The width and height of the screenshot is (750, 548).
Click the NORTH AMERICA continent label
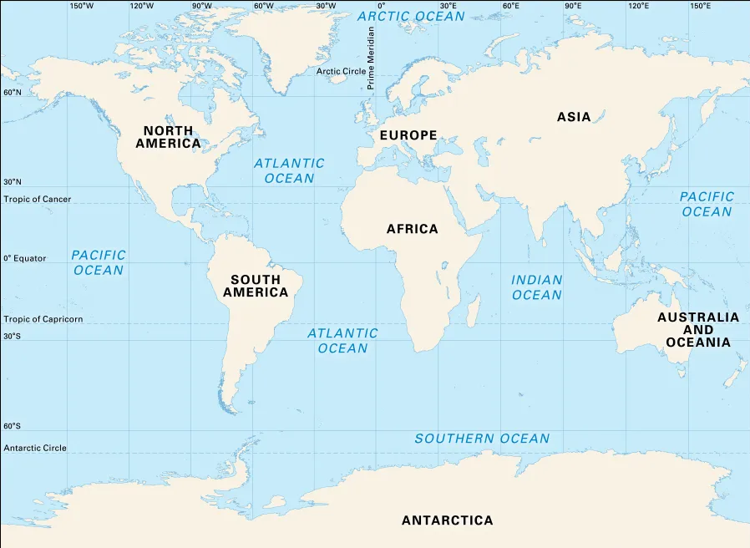click(168, 137)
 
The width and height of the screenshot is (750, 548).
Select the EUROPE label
click(408, 135)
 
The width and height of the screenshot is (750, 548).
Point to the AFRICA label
click(412, 229)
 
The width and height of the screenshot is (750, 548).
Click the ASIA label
click(574, 117)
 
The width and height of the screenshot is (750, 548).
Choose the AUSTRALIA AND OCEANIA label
click(697, 330)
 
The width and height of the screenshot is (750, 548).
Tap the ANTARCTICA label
click(447, 520)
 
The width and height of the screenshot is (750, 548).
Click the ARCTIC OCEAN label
click(411, 17)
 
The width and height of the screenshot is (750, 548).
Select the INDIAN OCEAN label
click(536, 287)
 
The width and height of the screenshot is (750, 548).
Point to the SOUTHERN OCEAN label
click(482, 439)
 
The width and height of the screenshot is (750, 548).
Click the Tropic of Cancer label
click(38, 199)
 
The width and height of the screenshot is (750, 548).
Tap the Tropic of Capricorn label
click(43, 319)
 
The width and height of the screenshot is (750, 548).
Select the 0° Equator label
click(25, 259)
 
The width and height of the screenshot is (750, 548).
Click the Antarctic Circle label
click(35, 449)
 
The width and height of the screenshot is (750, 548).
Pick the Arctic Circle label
click(341, 72)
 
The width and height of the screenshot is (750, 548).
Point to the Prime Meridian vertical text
click(371, 58)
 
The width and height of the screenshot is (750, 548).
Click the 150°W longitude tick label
click(81, 6)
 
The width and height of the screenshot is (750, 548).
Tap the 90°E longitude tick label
click(573, 6)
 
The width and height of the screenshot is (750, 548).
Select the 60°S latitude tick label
click(12, 426)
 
